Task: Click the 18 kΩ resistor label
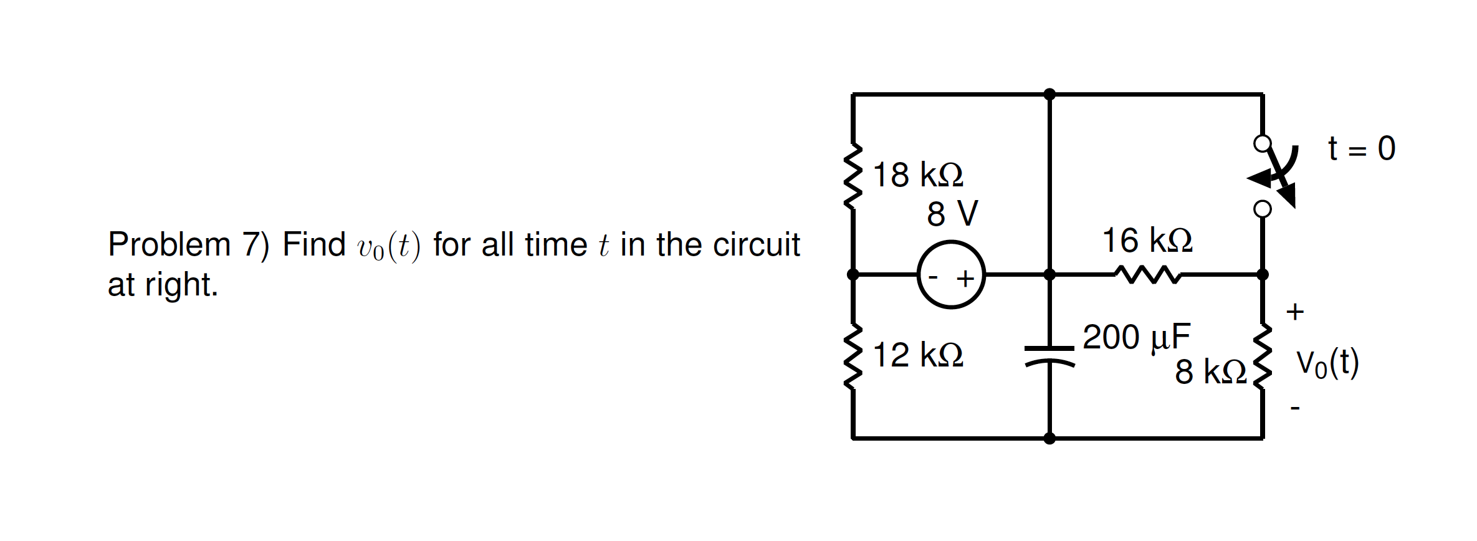coord(918,175)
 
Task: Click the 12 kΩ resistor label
coord(918,355)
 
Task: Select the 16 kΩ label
coord(1147,241)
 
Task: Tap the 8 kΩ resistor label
coord(1210,372)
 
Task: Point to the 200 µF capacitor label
coord(1136,337)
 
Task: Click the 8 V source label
coord(952,214)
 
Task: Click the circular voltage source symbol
coord(951,274)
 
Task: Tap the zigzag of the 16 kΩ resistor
coord(1147,274)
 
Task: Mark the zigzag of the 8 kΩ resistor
coord(1263,357)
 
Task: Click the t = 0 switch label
coord(1361,148)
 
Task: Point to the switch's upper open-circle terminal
coord(1262,144)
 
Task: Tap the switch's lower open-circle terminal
coord(1262,209)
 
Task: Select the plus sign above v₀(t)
coord(1295,311)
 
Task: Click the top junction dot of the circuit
coord(1049,94)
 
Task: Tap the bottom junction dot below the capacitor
coord(1049,438)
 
